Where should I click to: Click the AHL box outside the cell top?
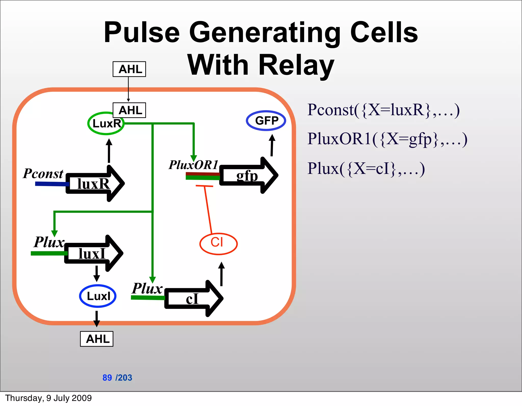[129, 69]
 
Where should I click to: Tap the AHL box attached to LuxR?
[129, 110]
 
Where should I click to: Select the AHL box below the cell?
[97, 339]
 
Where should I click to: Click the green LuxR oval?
[106, 124]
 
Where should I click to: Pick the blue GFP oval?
[266, 121]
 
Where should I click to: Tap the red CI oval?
[218, 244]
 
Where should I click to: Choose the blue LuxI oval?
[98, 296]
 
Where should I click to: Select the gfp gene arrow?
[249, 175]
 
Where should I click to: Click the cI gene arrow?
[194, 298]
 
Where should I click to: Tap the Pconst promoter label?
[43, 174]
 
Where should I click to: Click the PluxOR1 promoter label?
[193, 165]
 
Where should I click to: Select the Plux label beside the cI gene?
[147, 289]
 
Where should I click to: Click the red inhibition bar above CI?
[204, 186]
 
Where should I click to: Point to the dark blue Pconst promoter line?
[51, 184]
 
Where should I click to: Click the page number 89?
[107, 377]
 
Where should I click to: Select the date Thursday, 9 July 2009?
[48, 398]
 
